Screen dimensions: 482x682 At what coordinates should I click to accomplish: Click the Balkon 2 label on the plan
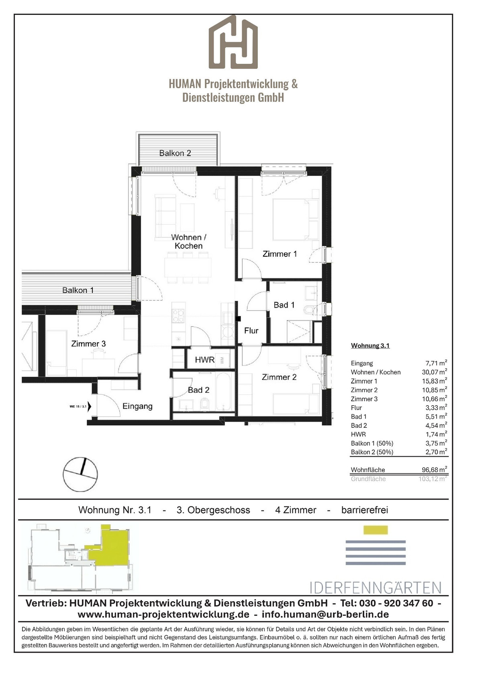click(175, 153)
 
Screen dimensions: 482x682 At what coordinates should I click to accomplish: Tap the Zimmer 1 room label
click(280, 254)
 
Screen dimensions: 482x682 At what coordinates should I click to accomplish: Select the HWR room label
click(204, 360)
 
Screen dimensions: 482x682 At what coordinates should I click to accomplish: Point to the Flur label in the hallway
click(251, 331)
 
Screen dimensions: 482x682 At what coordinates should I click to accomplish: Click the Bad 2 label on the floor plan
click(198, 390)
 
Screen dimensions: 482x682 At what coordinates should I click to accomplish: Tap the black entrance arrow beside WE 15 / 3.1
click(90, 406)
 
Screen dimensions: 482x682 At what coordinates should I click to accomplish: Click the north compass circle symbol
click(80, 474)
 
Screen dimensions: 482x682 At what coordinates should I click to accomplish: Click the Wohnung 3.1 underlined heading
click(370, 345)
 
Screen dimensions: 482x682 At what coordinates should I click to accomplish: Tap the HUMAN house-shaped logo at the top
click(233, 42)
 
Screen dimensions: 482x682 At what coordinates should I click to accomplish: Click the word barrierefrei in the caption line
click(365, 510)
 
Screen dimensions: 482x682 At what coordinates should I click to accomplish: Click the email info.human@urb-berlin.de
click(325, 615)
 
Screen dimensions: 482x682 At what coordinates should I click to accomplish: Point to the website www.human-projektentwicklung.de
click(163, 615)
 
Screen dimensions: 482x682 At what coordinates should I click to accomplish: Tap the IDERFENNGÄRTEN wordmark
click(376, 588)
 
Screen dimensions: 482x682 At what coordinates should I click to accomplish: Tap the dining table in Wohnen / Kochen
click(188, 267)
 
